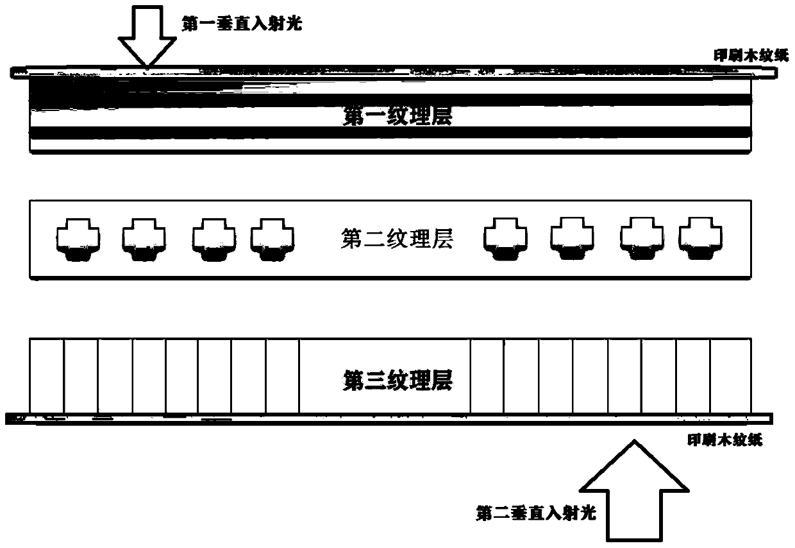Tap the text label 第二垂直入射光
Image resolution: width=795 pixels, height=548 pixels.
click(x=537, y=513)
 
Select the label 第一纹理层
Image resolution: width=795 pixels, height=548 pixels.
click(x=397, y=117)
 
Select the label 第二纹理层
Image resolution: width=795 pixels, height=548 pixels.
click(x=397, y=240)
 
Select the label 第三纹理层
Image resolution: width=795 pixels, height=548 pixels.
click(x=397, y=380)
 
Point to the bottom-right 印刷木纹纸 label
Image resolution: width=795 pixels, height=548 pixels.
click(x=725, y=441)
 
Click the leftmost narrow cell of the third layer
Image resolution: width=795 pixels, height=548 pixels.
click(x=47, y=376)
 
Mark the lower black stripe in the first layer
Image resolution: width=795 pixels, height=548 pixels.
click(x=391, y=132)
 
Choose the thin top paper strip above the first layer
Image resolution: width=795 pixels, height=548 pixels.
click(x=397, y=71)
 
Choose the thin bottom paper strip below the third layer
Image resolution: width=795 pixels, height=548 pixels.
click(x=397, y=418)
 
